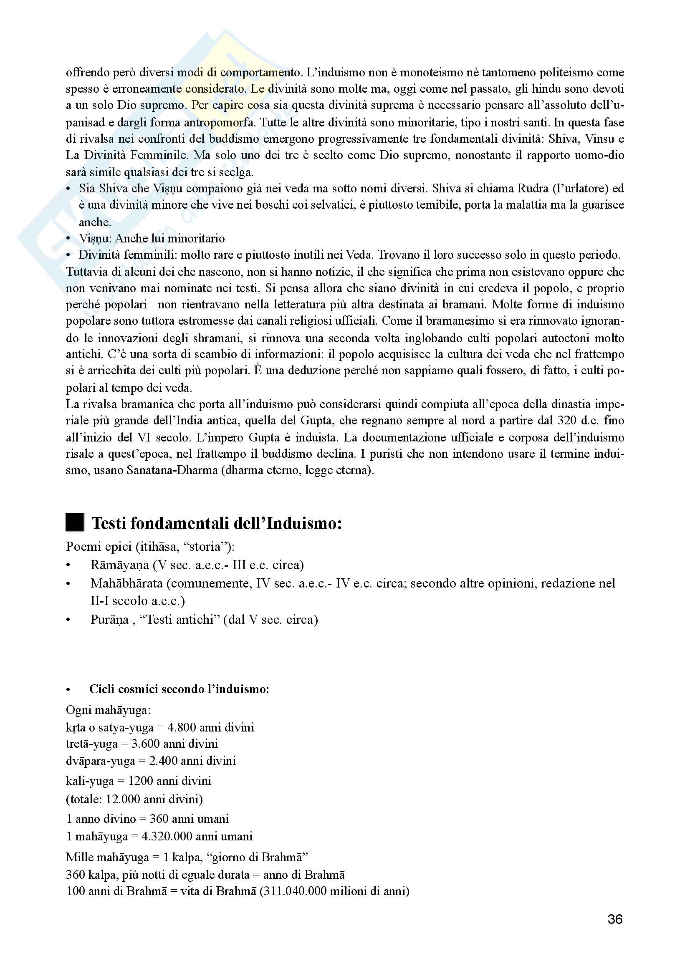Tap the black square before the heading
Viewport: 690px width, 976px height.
click(75, 522)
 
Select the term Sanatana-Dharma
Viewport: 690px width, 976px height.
click(172, 471)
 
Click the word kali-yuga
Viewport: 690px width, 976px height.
click(90, 781)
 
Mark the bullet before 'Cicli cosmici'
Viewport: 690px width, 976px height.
click(68, 689)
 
